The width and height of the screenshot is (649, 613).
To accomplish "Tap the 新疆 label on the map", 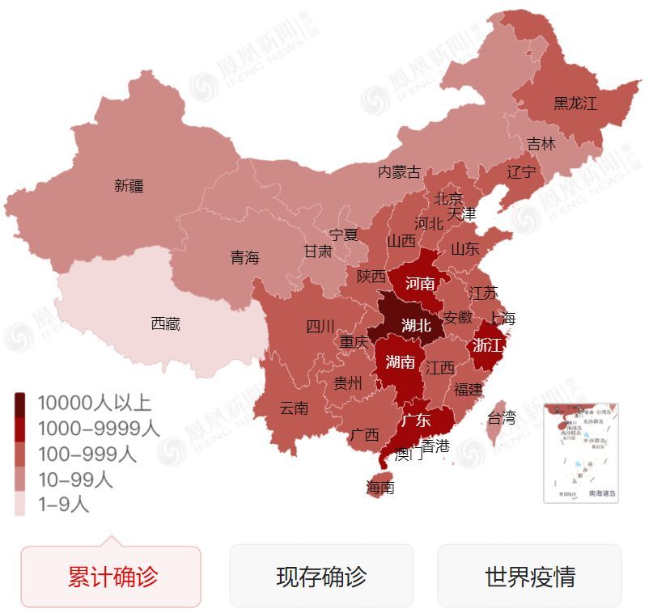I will tap(129, 185).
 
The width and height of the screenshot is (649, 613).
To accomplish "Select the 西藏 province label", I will tap(165, 324).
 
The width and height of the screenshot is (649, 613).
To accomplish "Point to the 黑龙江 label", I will tap(575, 104).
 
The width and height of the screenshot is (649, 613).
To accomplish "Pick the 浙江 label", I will tap(487, 345).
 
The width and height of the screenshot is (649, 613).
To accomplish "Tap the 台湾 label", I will tap(501, 418).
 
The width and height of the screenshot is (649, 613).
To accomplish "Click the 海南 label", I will tap(380, 488).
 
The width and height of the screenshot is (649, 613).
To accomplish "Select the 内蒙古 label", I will tap(400, 171).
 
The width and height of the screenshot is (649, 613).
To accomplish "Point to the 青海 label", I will tap(244, 257).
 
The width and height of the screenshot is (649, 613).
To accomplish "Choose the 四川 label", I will tap(320, 326).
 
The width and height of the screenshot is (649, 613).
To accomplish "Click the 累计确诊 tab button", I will tap(111, 577).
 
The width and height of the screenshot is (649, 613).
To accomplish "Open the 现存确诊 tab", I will tap(321, 577).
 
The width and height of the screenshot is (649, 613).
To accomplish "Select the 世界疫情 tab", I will tap(529, 577).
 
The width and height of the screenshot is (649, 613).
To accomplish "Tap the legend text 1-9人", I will tap(63, 505).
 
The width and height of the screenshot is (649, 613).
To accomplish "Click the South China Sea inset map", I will tap(581, 453).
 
